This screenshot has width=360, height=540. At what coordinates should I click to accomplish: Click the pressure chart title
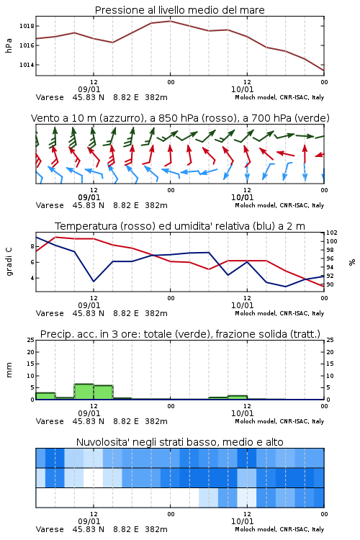[x=179, y=10]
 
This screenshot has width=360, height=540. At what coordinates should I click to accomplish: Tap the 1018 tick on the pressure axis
[x=27, y=26]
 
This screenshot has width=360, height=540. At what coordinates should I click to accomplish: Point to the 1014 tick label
[x=27, y=65]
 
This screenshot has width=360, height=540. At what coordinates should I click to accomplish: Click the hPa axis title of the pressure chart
[x=9, y=45]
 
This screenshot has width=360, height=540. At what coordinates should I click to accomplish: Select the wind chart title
[x=180, y=118]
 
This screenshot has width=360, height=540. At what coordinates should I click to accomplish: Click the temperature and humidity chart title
[x=180, y=226]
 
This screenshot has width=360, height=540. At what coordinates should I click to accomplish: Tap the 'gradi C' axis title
[x=9, y=262]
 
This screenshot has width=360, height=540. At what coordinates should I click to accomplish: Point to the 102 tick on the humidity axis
[x=332, y=233]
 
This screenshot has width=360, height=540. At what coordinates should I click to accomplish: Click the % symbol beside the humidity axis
[x=352, y=262]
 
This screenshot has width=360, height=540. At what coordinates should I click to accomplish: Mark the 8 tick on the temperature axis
[x=32, y=246]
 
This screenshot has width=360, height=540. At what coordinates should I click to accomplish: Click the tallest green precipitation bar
[x=84, y=392]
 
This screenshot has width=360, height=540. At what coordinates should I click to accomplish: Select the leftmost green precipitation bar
[x=45, y=396]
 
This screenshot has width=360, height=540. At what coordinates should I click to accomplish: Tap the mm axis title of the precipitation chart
[x=9, y=370]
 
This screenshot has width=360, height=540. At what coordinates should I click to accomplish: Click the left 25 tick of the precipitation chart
[x=31, y=341]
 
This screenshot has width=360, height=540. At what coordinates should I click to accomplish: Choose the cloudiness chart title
[x=179, y=442]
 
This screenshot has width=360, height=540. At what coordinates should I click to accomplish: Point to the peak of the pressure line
[x=170, y=21]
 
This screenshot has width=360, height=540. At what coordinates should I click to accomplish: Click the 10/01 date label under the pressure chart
[x=242, y=89]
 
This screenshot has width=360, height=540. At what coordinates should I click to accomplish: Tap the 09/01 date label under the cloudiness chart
[x=89, y=521]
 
